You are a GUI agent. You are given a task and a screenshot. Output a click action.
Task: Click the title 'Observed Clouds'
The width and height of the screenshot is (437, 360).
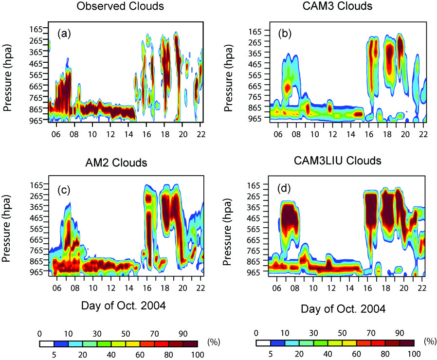(x=120, y=6)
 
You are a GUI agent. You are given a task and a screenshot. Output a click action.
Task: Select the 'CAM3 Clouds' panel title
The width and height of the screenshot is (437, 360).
(x=337, y=6)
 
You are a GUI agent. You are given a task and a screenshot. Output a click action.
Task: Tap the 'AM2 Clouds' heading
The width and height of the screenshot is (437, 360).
(x=116, y=162)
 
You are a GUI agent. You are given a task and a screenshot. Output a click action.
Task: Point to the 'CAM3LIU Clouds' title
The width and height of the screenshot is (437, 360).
(x=338, y=161)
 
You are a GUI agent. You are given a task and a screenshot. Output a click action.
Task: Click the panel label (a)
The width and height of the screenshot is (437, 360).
(x=64, y=34)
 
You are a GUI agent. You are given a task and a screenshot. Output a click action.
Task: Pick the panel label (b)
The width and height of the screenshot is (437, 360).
(x=285, y=34)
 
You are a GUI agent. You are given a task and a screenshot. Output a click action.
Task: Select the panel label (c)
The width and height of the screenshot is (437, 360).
(x=64, y=190)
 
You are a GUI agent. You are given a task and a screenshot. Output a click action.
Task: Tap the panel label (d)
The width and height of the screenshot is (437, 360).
(x=284, y=189)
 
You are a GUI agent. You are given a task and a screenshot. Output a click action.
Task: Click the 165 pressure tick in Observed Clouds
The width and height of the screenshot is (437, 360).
(x=36, y=29)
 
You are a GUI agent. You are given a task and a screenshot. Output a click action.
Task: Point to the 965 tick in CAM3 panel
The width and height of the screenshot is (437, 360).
(x=255, y=118)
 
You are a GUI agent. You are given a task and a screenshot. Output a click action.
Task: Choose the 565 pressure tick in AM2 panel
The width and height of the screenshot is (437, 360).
(x=36, y=229)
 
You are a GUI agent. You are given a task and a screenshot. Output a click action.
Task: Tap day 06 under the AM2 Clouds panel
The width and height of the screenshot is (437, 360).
(x=56, y=288)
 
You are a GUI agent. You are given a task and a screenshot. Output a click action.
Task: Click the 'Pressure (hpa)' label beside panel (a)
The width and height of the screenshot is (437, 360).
(x=7, y=78)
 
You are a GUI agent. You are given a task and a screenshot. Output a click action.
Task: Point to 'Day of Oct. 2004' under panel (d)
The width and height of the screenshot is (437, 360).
(x=343, y=309)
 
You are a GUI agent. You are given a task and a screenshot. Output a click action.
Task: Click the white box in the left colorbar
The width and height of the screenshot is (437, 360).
(x=47, y=343)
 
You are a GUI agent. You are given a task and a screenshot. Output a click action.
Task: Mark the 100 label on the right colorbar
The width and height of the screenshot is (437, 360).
(x=414, y=354)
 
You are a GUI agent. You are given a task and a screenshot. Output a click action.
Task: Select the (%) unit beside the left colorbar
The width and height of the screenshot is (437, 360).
(x=214, y=342)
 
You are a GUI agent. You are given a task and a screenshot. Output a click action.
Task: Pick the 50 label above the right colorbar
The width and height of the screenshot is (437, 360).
(x=342, y=333)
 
